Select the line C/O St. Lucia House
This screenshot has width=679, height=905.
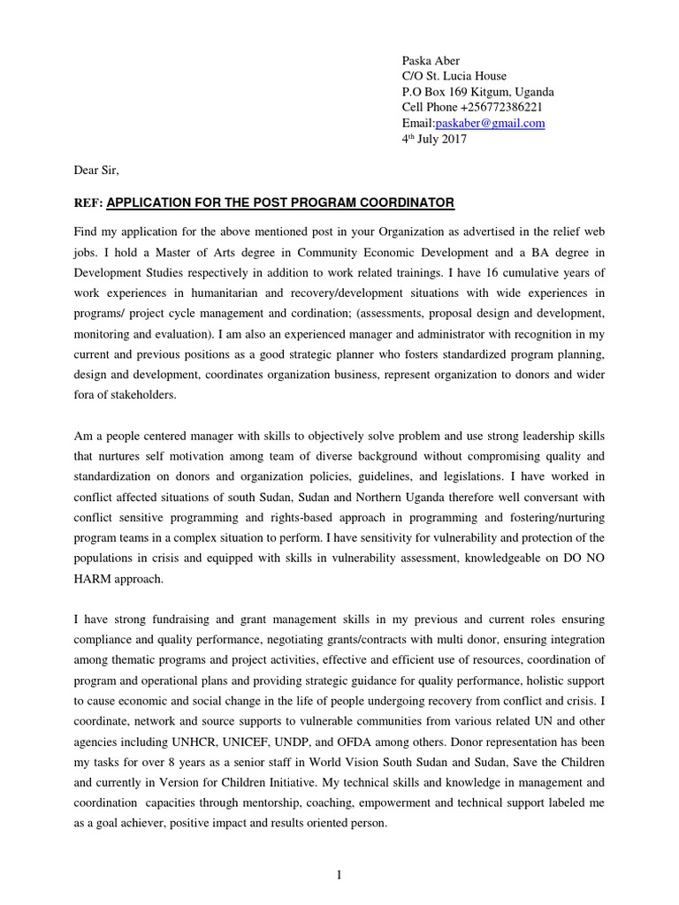click(x=454, y=76)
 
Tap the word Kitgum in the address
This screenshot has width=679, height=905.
click(x=492, y=92)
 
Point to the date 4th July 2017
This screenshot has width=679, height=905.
click(x=434, y=140)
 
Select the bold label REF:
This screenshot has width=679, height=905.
click(x=88, y=204)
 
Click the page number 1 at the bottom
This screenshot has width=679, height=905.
click(x=339, y=875)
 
